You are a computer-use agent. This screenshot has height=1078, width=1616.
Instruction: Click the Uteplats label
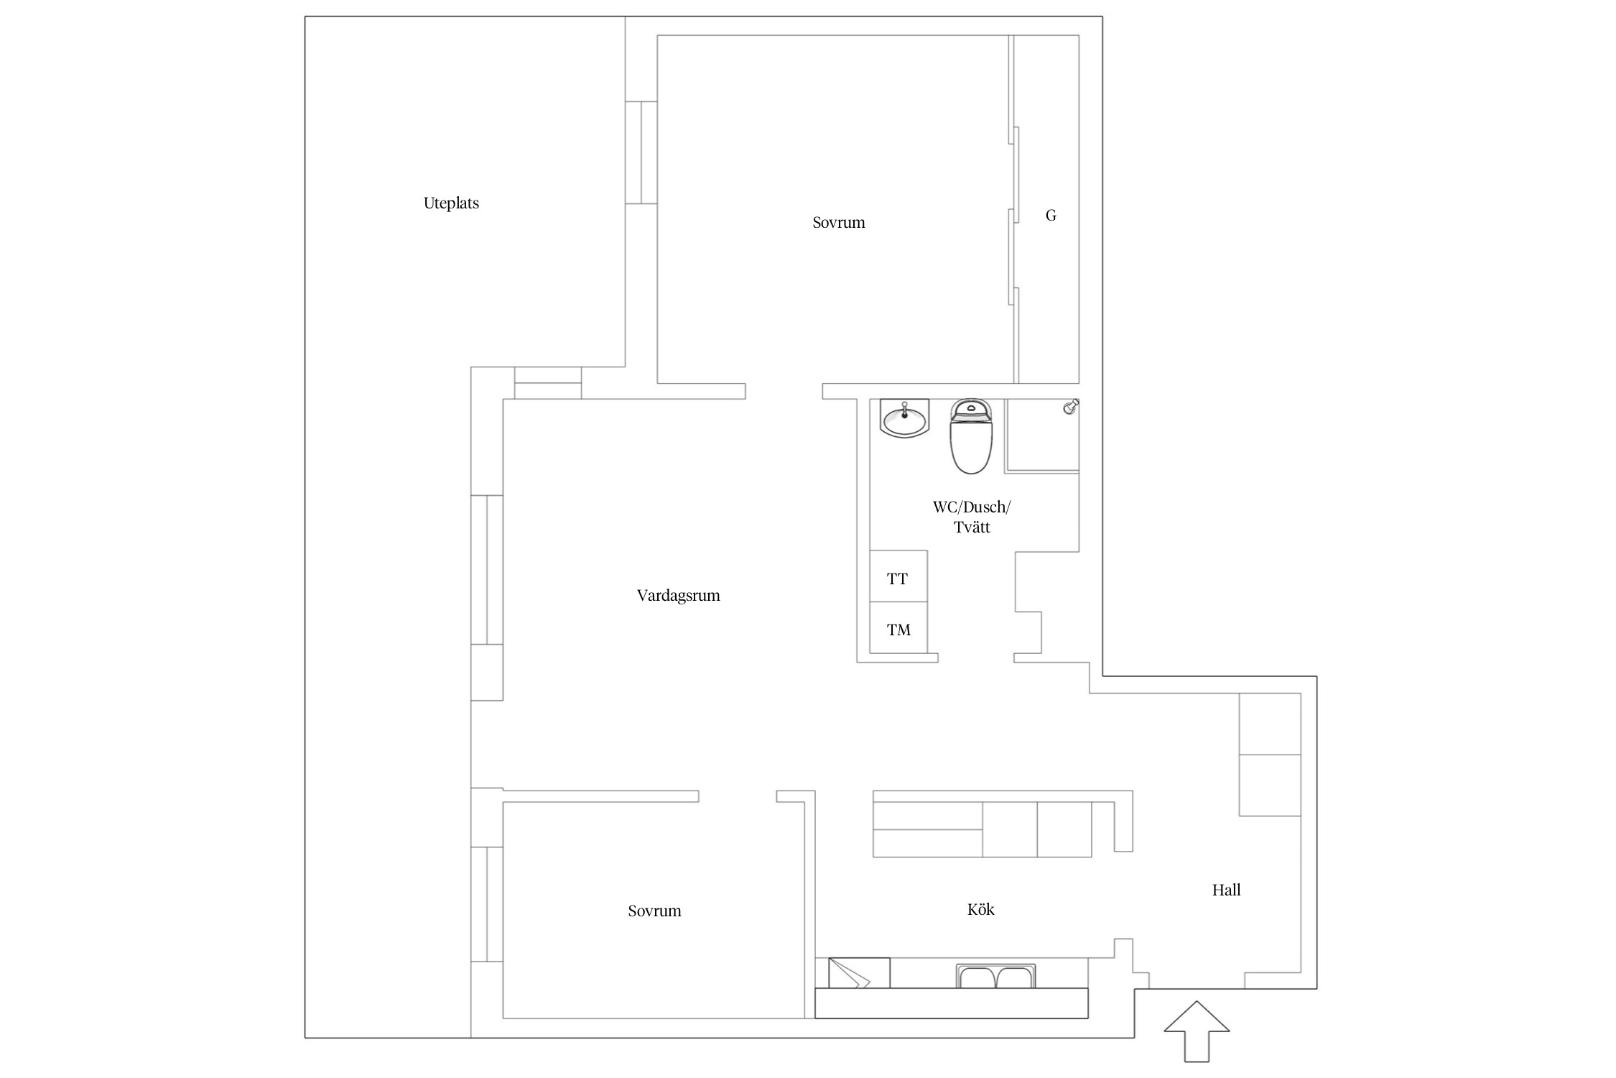tap(451, 203)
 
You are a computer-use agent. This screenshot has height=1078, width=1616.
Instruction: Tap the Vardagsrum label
tap(678, 596)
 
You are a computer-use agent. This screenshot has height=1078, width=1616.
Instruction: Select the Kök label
tap(980, 909)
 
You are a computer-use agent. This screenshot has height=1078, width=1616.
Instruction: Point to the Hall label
tap(1226, 890)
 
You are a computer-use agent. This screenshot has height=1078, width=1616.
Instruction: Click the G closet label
tap(1051, 215)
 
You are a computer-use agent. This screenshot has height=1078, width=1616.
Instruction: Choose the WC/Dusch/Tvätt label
tap(972, 517)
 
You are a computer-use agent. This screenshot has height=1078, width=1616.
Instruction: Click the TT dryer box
tap(898, 576)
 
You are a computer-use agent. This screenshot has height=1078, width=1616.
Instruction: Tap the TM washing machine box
tap(898, 628)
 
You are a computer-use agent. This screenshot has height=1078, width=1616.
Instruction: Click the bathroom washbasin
tap(904, 418)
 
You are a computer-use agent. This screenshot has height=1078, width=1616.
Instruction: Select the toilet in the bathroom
tap(971, 437)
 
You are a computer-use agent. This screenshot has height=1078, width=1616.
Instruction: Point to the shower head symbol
tap(1071, 407)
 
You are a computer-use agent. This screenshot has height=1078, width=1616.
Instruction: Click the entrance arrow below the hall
tap(1197, 1031)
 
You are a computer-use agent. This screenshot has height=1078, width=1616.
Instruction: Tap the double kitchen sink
tap(995, 977)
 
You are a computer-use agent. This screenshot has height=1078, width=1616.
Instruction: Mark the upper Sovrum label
tap(838, 223)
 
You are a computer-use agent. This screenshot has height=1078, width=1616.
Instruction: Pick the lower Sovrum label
tap(654, 911)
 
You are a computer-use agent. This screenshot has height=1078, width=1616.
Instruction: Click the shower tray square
tap(1042, 436)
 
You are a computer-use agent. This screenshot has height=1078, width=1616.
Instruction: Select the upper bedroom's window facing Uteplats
tap(641, 152)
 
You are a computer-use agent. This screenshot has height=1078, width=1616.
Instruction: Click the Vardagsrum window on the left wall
tap(487, 570)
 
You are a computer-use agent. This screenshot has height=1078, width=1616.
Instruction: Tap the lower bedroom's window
tap(487, 904)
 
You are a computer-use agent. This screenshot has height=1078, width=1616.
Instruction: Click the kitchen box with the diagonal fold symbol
tap(859, 973)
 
